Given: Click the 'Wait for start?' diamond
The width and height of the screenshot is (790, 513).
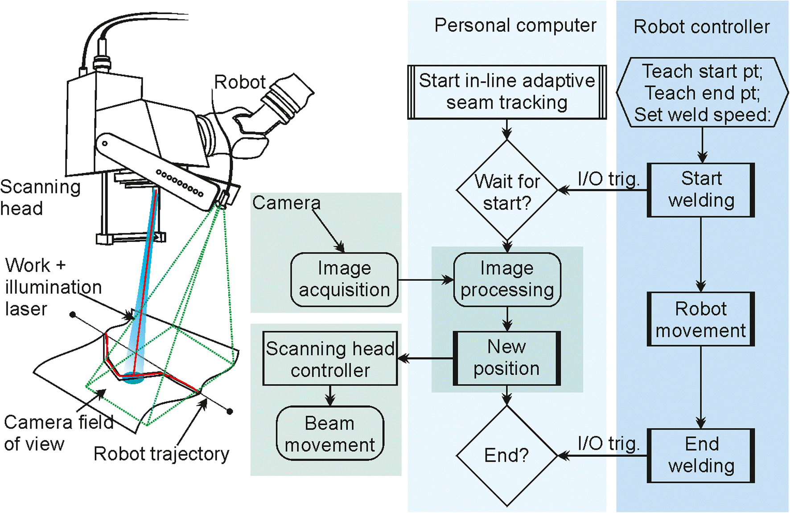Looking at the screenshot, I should [507, 191].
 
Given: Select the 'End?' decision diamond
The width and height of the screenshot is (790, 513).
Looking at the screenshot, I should [507, 456].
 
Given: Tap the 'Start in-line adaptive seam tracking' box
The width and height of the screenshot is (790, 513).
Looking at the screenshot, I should [507, 92].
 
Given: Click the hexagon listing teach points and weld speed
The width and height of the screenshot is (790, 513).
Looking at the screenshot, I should [702, 93].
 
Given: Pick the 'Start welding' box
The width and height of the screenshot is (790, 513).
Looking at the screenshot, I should [701, 190].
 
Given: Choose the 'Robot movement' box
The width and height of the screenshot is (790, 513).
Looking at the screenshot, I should [701, 319].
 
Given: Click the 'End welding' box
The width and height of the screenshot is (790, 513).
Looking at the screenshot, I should [701, 456].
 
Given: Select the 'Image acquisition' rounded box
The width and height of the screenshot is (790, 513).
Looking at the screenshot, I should [344, 279].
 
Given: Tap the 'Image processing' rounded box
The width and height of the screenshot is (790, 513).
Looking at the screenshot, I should [507, 279].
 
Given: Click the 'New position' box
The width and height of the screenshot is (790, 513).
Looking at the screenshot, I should [507, 358].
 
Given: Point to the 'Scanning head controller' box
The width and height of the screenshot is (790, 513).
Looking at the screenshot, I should [330, 358].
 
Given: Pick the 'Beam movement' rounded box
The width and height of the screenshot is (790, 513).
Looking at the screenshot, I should [330, 433].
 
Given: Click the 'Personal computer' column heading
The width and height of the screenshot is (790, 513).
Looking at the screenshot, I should [515, 25].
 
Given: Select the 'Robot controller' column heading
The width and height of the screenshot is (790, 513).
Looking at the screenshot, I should [702, 27].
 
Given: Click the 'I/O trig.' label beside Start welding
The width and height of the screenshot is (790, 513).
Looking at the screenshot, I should [608, 179].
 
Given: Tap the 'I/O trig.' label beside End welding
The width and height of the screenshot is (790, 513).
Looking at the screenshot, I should [608, 443].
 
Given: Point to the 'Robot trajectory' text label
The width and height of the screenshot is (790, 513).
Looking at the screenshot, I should [161, 454].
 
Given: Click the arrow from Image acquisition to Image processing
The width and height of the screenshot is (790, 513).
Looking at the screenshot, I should [426, 280].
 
